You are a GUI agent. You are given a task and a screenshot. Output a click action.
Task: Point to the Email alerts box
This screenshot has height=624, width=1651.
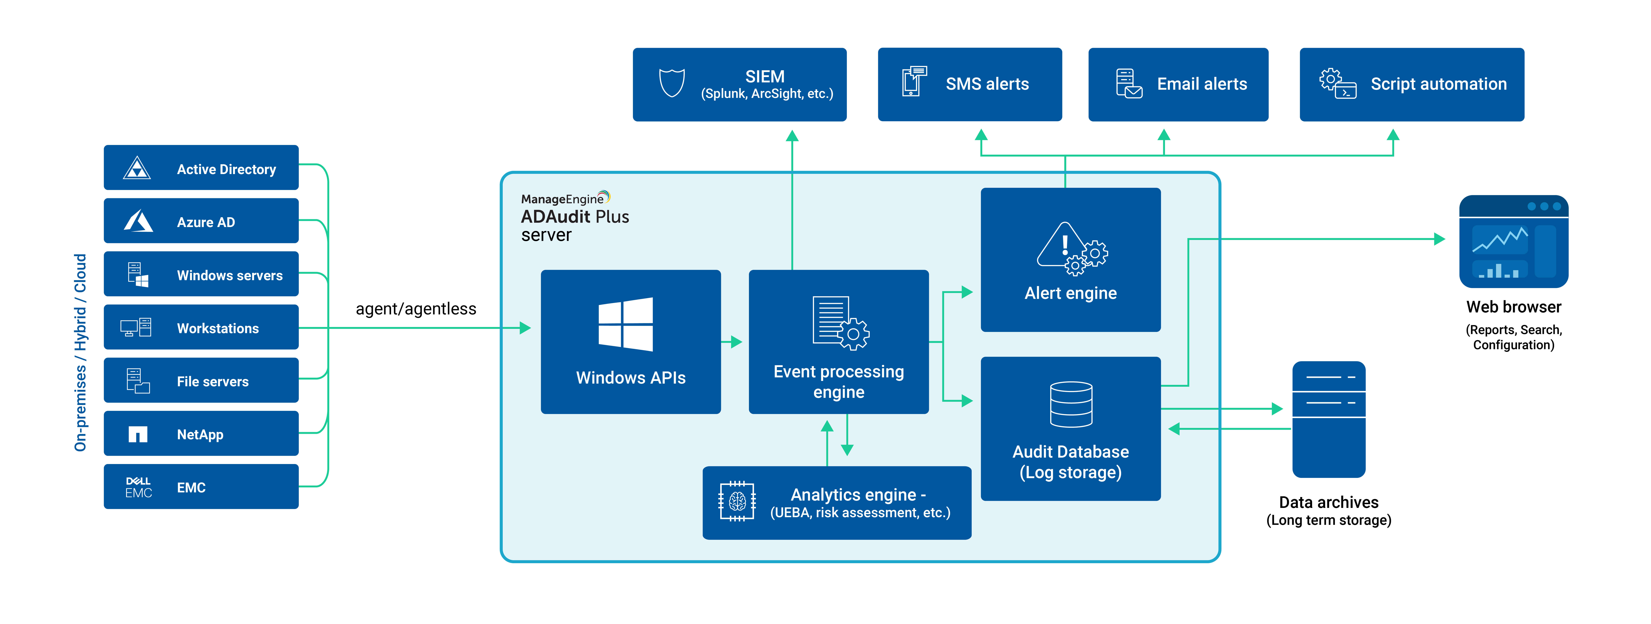tap(1178, 84)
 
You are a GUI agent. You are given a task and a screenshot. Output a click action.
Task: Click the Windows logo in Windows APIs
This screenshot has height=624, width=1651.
tap(626, 324)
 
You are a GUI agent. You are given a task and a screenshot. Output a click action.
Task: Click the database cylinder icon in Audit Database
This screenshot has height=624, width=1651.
tap(1071, 404)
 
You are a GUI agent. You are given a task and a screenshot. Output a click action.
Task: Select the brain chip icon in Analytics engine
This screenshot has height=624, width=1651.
tap(737, 501)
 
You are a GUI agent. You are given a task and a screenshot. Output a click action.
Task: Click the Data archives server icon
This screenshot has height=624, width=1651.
tap(1329, 419)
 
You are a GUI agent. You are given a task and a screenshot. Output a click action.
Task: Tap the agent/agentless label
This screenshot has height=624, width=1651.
tap(416, 309)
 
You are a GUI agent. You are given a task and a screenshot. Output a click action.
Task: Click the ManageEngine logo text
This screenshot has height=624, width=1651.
tap(562, 199)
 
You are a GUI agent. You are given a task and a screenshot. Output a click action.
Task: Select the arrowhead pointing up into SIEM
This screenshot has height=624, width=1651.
tap(792, 136)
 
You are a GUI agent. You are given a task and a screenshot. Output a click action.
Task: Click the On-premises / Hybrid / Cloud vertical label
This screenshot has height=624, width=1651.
tap(80, 353)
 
